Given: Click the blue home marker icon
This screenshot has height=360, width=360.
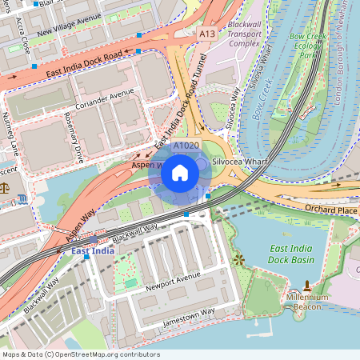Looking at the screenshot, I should pos(180,173).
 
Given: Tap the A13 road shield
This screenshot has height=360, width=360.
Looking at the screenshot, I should pos(207,34).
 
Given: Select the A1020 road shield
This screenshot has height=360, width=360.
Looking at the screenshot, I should pos(186,146).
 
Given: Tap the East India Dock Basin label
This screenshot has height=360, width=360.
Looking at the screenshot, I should pos(291,254).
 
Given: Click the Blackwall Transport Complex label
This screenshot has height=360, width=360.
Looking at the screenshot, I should pos(245,34).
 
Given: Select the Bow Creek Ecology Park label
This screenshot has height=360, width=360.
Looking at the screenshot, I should pos(309,46).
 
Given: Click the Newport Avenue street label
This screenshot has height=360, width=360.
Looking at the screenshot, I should pos(173,281).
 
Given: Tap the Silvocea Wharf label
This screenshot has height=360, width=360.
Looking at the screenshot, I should pos(238,162).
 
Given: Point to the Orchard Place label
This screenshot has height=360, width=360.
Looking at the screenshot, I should pos(330,210).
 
